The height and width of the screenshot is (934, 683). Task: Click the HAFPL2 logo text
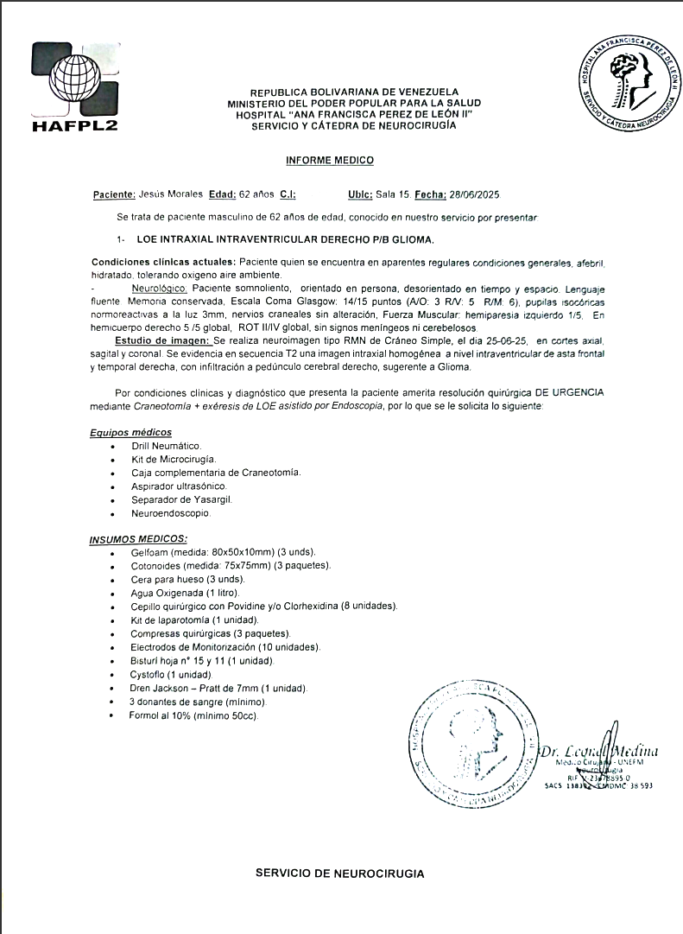pyautogui.click(x=73, y=124)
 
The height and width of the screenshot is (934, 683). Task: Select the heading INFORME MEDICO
pyautogui.click(x=330, y=161)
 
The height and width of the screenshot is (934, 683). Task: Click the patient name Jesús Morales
pyautogui.click(x=171, y=195)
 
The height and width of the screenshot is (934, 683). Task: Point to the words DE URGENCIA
pyautogui.click(x=572, y=392)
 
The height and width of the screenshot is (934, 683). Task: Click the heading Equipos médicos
pyautogui.click(x=130, y=432)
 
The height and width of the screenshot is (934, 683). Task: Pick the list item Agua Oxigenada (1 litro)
pyautogui.click(x=185, y=593)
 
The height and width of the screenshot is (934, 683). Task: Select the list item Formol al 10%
pyautogui.click(x=193, y=715)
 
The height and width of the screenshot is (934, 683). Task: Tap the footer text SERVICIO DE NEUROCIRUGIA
pyautogui.click(x=339, y=874)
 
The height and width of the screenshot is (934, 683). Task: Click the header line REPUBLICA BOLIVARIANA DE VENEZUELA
pyautogui.click(x=354, y=92)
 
